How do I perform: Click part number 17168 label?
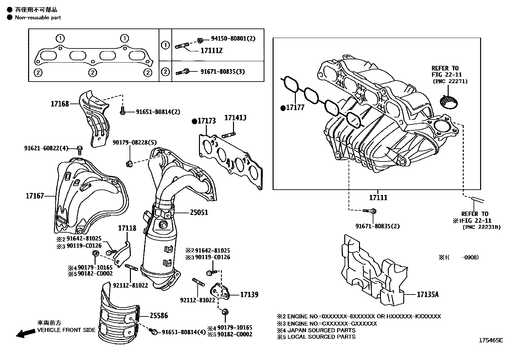tap(60, 104)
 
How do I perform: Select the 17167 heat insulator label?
tap(35, 196)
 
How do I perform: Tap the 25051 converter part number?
tap(199, 212)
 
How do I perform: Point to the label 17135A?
tap(427, 294)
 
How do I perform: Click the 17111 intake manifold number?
tap(378, 198)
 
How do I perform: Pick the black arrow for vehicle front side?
tap(26, 333)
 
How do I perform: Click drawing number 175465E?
tap(491, 340)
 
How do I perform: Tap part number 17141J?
tap(235, 117)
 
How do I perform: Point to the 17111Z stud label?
tap(211, 51)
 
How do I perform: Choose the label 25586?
tap(159, 315)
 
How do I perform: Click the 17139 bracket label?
tap(249, 294)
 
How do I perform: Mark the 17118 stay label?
tap(127, 228)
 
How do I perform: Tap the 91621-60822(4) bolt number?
tap(46, 148)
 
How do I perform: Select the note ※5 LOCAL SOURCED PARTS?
tap(316, 336)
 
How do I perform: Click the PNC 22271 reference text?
tap(450, 81)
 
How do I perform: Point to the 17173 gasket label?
tap(206, 121)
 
